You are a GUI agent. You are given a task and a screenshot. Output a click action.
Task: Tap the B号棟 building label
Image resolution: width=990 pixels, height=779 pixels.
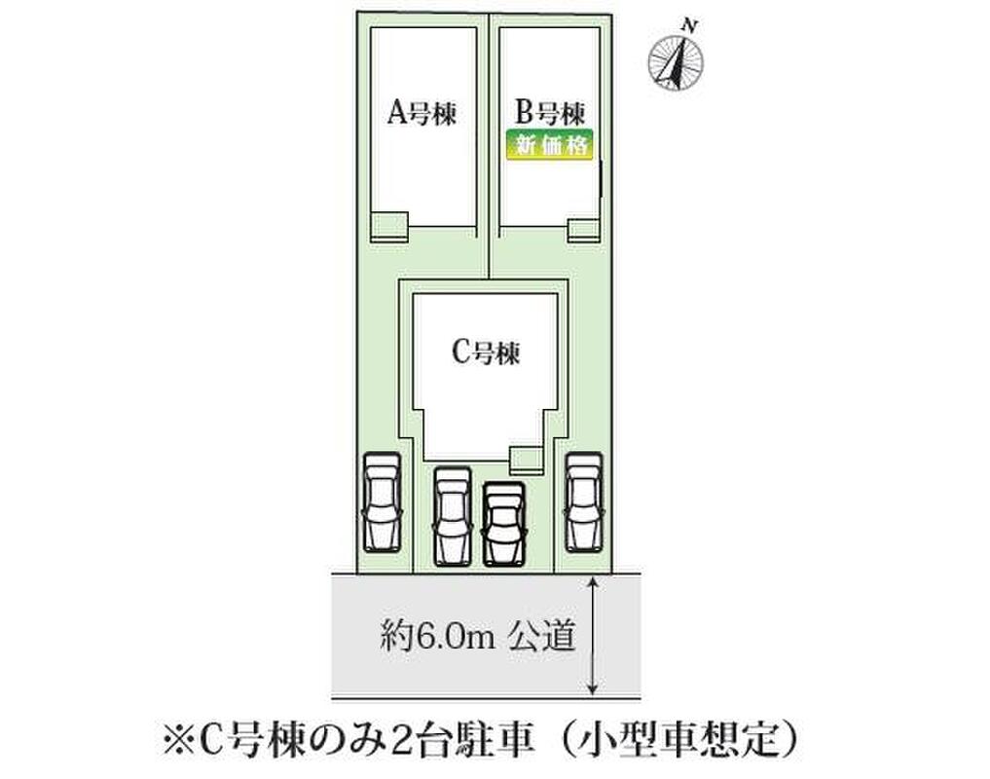tap(550, 113)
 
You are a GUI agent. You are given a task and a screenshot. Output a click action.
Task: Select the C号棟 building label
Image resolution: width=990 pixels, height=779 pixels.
tap(487, 352)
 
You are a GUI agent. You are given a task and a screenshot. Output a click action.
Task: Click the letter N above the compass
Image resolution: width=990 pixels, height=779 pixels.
tap(688, 23)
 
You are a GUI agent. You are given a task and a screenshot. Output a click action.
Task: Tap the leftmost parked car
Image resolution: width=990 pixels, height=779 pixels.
tap(381, 501)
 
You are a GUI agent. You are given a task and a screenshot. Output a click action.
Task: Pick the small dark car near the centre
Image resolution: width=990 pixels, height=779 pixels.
tap(503, 524)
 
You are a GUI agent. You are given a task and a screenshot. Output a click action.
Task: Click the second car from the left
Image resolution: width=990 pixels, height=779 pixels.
tap(453, 516)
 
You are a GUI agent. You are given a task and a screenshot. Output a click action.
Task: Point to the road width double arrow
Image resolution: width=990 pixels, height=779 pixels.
tap(593, 635)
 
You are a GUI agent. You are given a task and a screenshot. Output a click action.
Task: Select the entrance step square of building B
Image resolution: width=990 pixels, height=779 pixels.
tap(585, 229)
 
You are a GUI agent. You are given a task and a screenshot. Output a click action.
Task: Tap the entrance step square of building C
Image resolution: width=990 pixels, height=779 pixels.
tap(527, 459)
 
